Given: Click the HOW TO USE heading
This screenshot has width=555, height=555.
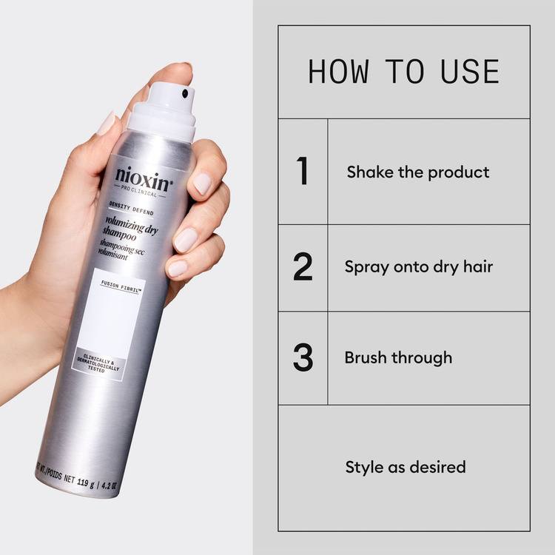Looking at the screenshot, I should point(403,72).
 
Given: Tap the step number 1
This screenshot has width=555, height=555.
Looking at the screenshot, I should point(302,172).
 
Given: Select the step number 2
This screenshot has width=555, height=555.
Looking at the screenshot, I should point(303,267).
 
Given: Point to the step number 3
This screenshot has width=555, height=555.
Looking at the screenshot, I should point(303,357).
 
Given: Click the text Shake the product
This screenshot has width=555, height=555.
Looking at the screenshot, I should point(417,172).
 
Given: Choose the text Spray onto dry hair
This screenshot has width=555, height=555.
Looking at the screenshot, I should point(418,267).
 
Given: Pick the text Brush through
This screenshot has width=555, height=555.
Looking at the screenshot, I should point(398,357).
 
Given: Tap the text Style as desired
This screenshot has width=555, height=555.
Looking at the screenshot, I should point(406,467).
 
